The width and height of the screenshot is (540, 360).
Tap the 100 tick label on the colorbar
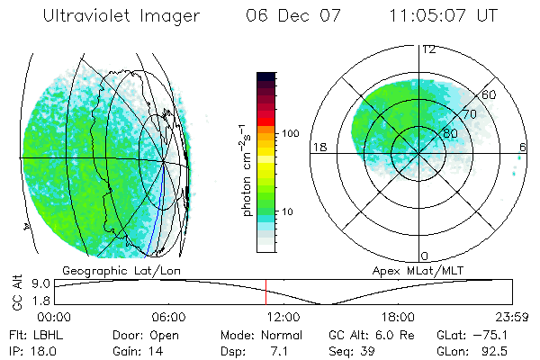pos(292,133)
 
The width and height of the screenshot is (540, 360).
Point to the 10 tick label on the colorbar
pos(289,211)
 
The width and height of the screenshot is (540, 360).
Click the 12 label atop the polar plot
pos(428,49)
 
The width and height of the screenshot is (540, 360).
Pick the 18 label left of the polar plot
pos(318,148)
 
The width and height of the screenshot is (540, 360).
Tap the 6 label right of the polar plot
pos(523,148)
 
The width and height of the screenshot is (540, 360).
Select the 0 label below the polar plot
pos(425,256)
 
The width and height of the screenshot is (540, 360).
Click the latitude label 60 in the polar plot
pos(490,94)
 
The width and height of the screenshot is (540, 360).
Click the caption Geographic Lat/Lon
pos(109,270)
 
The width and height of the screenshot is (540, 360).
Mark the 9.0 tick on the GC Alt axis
pos(33,283)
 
